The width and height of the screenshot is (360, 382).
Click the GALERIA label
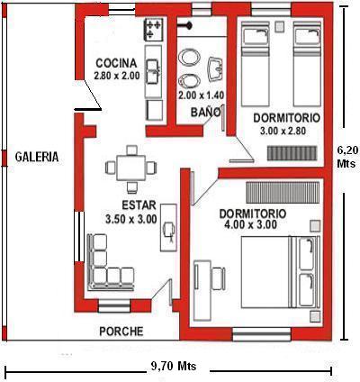(37, 157)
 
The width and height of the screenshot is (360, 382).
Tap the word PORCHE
(121, 332)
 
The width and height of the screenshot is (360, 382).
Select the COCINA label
(116, 63)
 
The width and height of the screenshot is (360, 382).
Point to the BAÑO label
(205, 112)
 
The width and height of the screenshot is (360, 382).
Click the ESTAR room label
(139, 205)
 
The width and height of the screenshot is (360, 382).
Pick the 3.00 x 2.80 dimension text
(283, 131)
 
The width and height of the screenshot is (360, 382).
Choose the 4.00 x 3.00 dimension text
(250, 224)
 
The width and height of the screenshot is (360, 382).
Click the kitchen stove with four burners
(154, 29)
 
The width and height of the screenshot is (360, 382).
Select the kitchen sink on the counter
(153, 71)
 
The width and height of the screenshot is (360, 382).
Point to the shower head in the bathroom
(184, 26)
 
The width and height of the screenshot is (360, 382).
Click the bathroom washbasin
(215, 68)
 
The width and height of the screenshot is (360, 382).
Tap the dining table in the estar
(131, 168)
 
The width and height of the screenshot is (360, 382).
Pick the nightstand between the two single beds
(280, 27)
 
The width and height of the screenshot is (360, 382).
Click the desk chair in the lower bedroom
(219, 278)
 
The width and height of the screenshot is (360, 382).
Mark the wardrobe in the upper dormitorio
(292, 153)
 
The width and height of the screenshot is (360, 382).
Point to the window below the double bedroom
(262, 334)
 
